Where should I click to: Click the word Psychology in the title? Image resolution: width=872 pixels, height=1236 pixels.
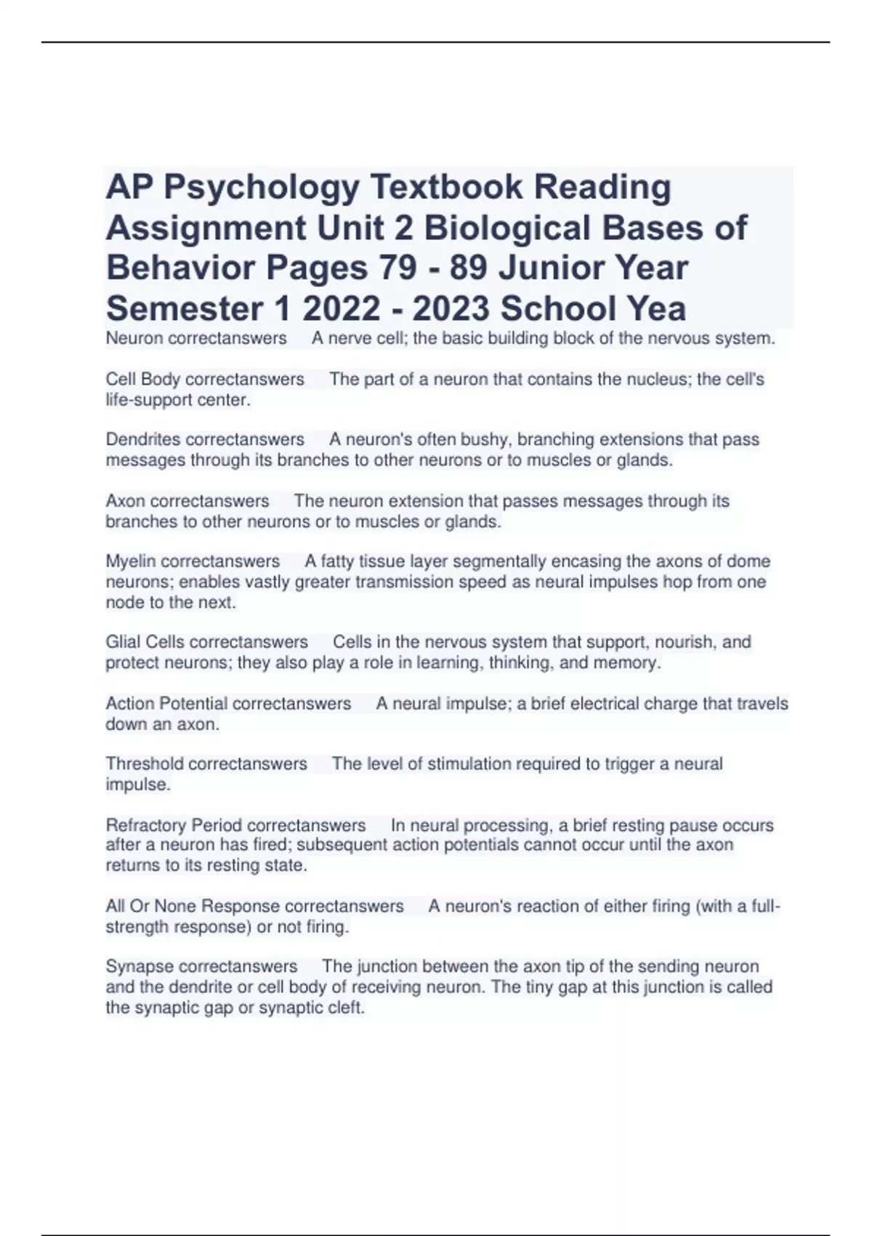tap(262, 188)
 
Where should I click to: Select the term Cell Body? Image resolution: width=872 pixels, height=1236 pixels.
tap(143, 380)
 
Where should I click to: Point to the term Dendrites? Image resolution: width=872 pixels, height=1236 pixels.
tap(143, 440)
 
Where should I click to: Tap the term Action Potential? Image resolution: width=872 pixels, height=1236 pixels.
tap(166, 704)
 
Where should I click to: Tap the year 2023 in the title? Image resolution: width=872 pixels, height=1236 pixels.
tap(451, 309)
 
